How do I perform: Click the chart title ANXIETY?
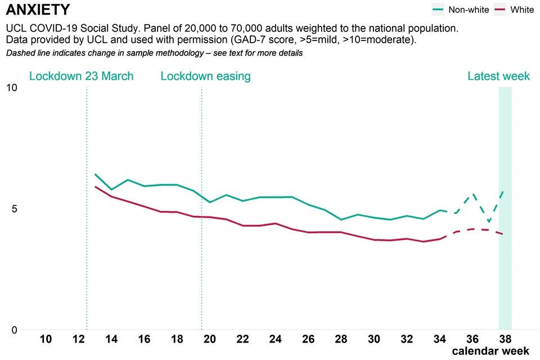(x=38, y=10)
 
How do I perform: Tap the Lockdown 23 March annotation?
(x=81, y=76)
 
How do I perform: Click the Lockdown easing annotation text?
(x=205, y=76)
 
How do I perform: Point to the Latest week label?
(x=498, y=76)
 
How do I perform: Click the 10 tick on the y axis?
(x=11, y=88)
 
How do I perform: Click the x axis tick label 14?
(x=111, y=339)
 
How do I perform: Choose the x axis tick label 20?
(x=210, y=339)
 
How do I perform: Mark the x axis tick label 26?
(x=308, y=339)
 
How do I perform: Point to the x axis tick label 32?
(x=407, y=339)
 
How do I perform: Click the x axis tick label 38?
(x=505, y=339)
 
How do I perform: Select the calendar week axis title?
(x=490, y=352)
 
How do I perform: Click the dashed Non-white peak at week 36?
(x=473, y=193)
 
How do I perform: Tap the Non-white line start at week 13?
(x=95, y=174)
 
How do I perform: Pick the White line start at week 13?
(x=95, y=187)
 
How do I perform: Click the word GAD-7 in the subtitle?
(x=265, y=41)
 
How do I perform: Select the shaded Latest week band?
(x=505, y=208)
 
